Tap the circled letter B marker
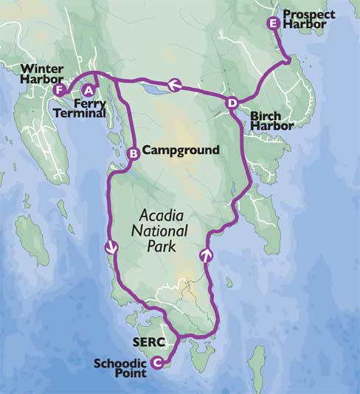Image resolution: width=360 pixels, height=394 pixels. point(134,153)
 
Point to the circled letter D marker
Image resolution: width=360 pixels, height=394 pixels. point(232,103)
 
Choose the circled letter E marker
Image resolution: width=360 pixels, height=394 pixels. point(274,23)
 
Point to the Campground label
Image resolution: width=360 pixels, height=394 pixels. point(181,151)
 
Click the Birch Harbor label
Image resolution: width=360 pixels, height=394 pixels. point(271,121)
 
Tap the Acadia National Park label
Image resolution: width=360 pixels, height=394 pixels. point(164,231)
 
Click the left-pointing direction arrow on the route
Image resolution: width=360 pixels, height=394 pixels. point(174,85)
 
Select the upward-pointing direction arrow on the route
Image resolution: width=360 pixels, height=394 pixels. point(207,256)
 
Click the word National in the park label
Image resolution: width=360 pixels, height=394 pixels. point(164,231)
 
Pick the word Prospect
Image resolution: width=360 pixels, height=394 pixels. point(308,15)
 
